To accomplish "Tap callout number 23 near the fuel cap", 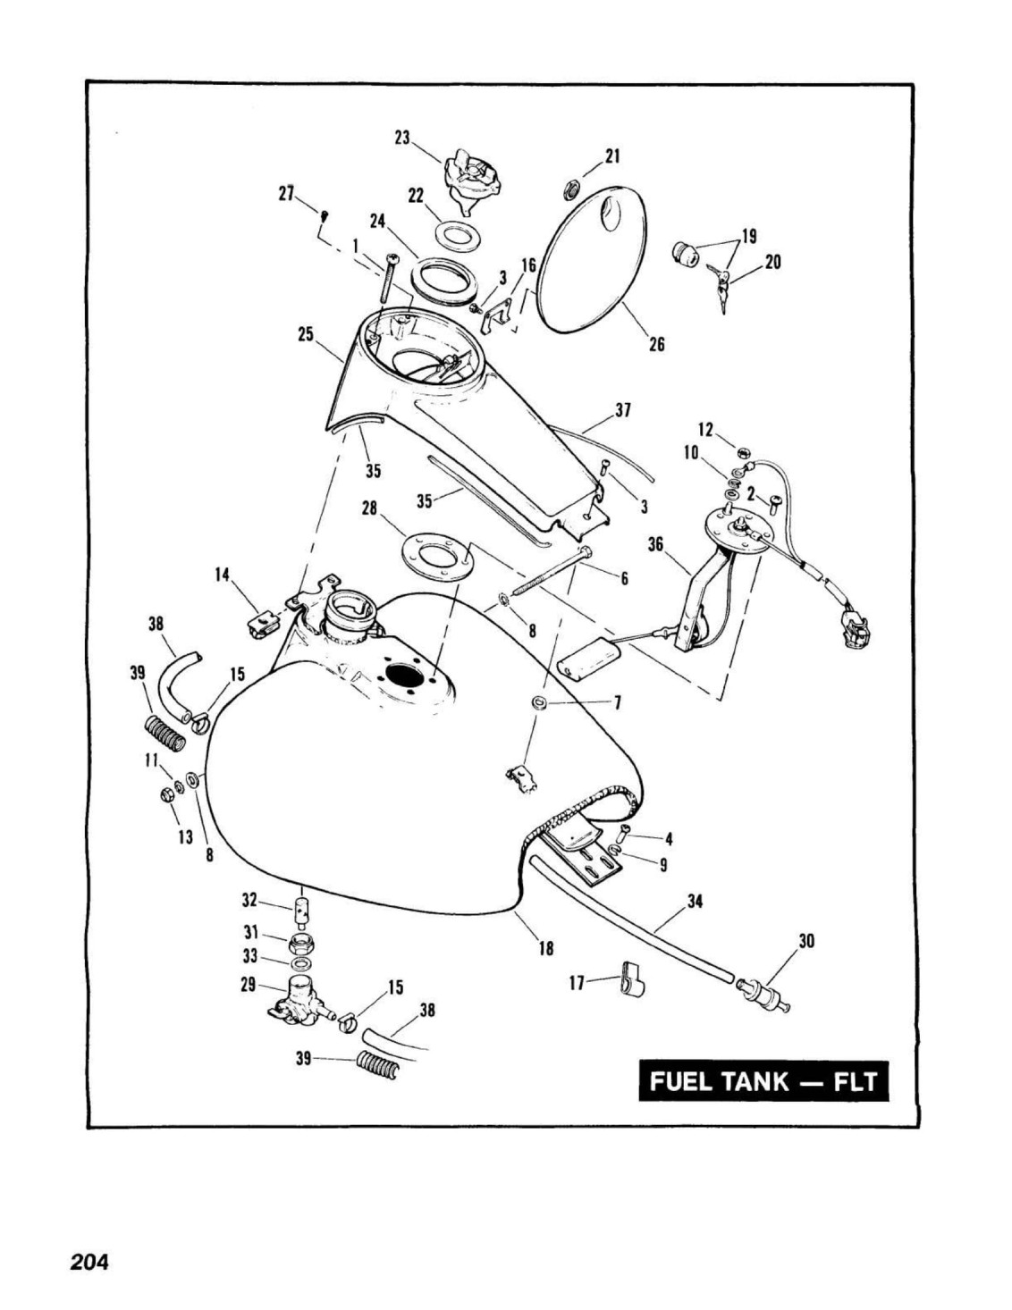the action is coord(402,138).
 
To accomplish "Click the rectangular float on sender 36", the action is coord(588,660).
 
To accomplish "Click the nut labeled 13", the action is coord(168,795).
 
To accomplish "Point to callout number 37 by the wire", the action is coord(623,410).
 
